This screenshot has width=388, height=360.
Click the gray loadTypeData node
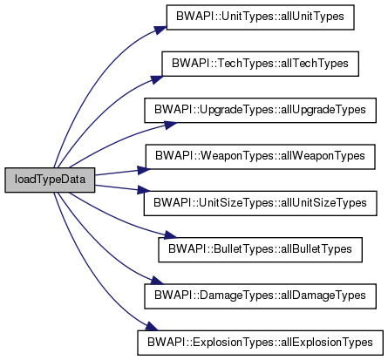(x=50, y=180)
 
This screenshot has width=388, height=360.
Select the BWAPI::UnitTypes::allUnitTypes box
(x=260, y=17)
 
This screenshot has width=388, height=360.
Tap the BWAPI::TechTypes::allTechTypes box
(x=260, y=64)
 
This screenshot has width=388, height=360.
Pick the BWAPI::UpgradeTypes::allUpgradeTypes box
(x=260, y=110)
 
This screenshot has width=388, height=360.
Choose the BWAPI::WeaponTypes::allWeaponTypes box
(x=260, y=157)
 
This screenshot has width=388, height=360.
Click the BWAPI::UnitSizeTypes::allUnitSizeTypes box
(x=260, y=203)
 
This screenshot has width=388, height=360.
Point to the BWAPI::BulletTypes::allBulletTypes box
(x=260, y=249)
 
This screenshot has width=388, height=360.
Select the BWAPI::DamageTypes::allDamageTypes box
(x=260, y=296)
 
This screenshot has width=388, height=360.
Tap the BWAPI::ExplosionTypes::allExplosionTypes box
(x=260, y=343)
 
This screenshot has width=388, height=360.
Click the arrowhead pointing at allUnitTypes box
(x=160, y=30)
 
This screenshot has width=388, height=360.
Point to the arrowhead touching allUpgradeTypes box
(x=170, y=125)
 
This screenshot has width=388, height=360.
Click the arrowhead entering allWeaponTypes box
(x=144, y=170)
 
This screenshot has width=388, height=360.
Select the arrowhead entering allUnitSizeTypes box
(x=144, y=190)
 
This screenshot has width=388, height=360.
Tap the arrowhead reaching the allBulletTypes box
(x=170, y=234)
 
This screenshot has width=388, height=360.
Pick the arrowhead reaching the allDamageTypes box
(x=157, y=281)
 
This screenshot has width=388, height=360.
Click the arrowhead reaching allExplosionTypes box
(x=152, y=326)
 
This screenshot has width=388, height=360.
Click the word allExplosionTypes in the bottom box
(x=326, y=343)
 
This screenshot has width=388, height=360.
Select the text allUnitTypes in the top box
(x=312, y=17)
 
